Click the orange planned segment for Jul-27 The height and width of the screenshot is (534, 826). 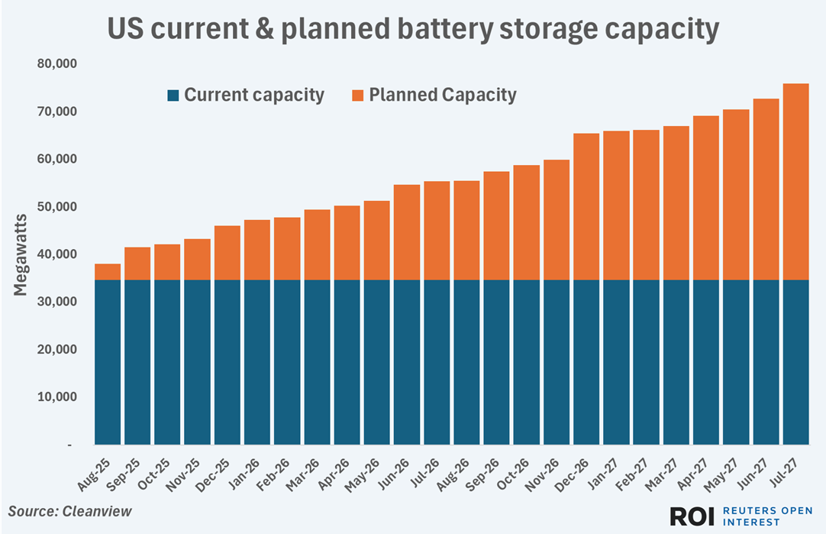(x=795, y=182)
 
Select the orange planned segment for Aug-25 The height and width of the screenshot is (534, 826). (x=108, y=272)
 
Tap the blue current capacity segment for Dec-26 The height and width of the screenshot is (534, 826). (x=586, y=362)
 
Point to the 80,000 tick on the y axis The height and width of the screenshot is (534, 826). (x=57, y=64)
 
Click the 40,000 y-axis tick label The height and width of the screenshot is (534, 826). (x=57, y=254)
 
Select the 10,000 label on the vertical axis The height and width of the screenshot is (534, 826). (x=57, y=397)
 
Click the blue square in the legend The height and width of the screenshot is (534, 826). (x=173, y=95)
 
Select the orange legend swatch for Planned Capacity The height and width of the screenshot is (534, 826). (x=357, y=95)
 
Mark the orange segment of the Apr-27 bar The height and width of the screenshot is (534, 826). (x=706, y=198)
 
